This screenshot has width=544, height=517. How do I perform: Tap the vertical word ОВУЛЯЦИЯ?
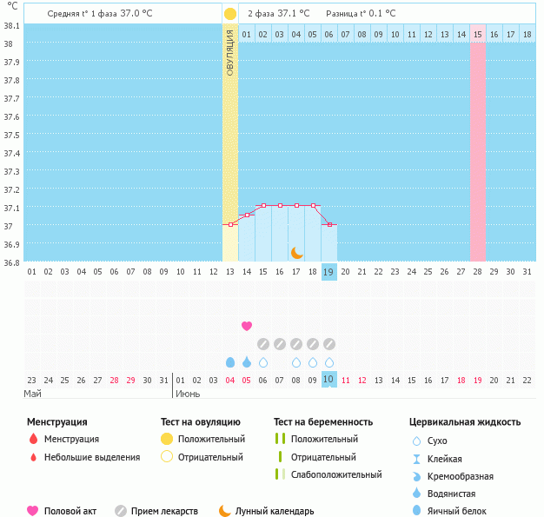pos(229,52)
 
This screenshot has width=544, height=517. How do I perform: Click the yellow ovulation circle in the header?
pos(229,14)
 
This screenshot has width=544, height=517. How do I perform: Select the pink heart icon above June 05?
pos(246,326)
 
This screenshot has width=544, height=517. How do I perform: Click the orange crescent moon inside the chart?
pos(296,252)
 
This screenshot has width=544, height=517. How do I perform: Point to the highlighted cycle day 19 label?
pos(328,271)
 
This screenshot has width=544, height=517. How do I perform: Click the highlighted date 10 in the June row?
pos(328,380)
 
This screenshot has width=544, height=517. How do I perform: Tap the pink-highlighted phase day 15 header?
pos(478,34)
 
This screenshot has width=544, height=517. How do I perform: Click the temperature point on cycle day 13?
pos(229,225)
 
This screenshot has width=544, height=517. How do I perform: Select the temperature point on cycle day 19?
pos(328,225)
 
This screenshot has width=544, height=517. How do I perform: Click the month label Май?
pos(32,394)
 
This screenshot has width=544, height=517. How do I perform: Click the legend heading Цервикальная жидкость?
pos(465,422)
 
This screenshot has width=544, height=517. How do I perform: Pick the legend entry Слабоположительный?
pos(336,474)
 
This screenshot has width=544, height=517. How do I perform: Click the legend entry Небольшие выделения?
pos(92,457)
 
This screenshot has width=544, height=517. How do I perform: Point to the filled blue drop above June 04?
pos(229,362)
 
